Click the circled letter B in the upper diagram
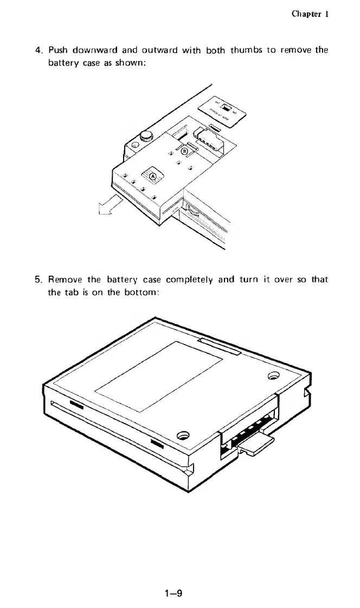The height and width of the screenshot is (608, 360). click(x=184, y=151)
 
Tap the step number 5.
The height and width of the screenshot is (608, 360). click(x=38, y=280)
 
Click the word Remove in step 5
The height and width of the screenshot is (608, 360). click(x=66, y=280)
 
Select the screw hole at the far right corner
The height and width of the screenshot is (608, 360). click(x=273, y=376)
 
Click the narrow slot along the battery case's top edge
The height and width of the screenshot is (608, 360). click(x=220, y=347)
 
